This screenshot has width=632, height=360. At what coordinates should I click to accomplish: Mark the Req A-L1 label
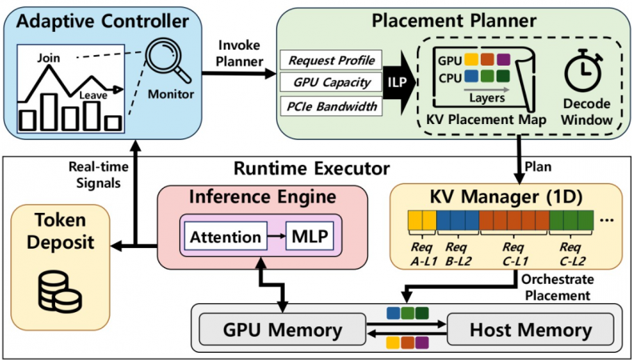(x=421, y=254)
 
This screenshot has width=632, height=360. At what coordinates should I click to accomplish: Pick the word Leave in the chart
(x=93, y=95)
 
